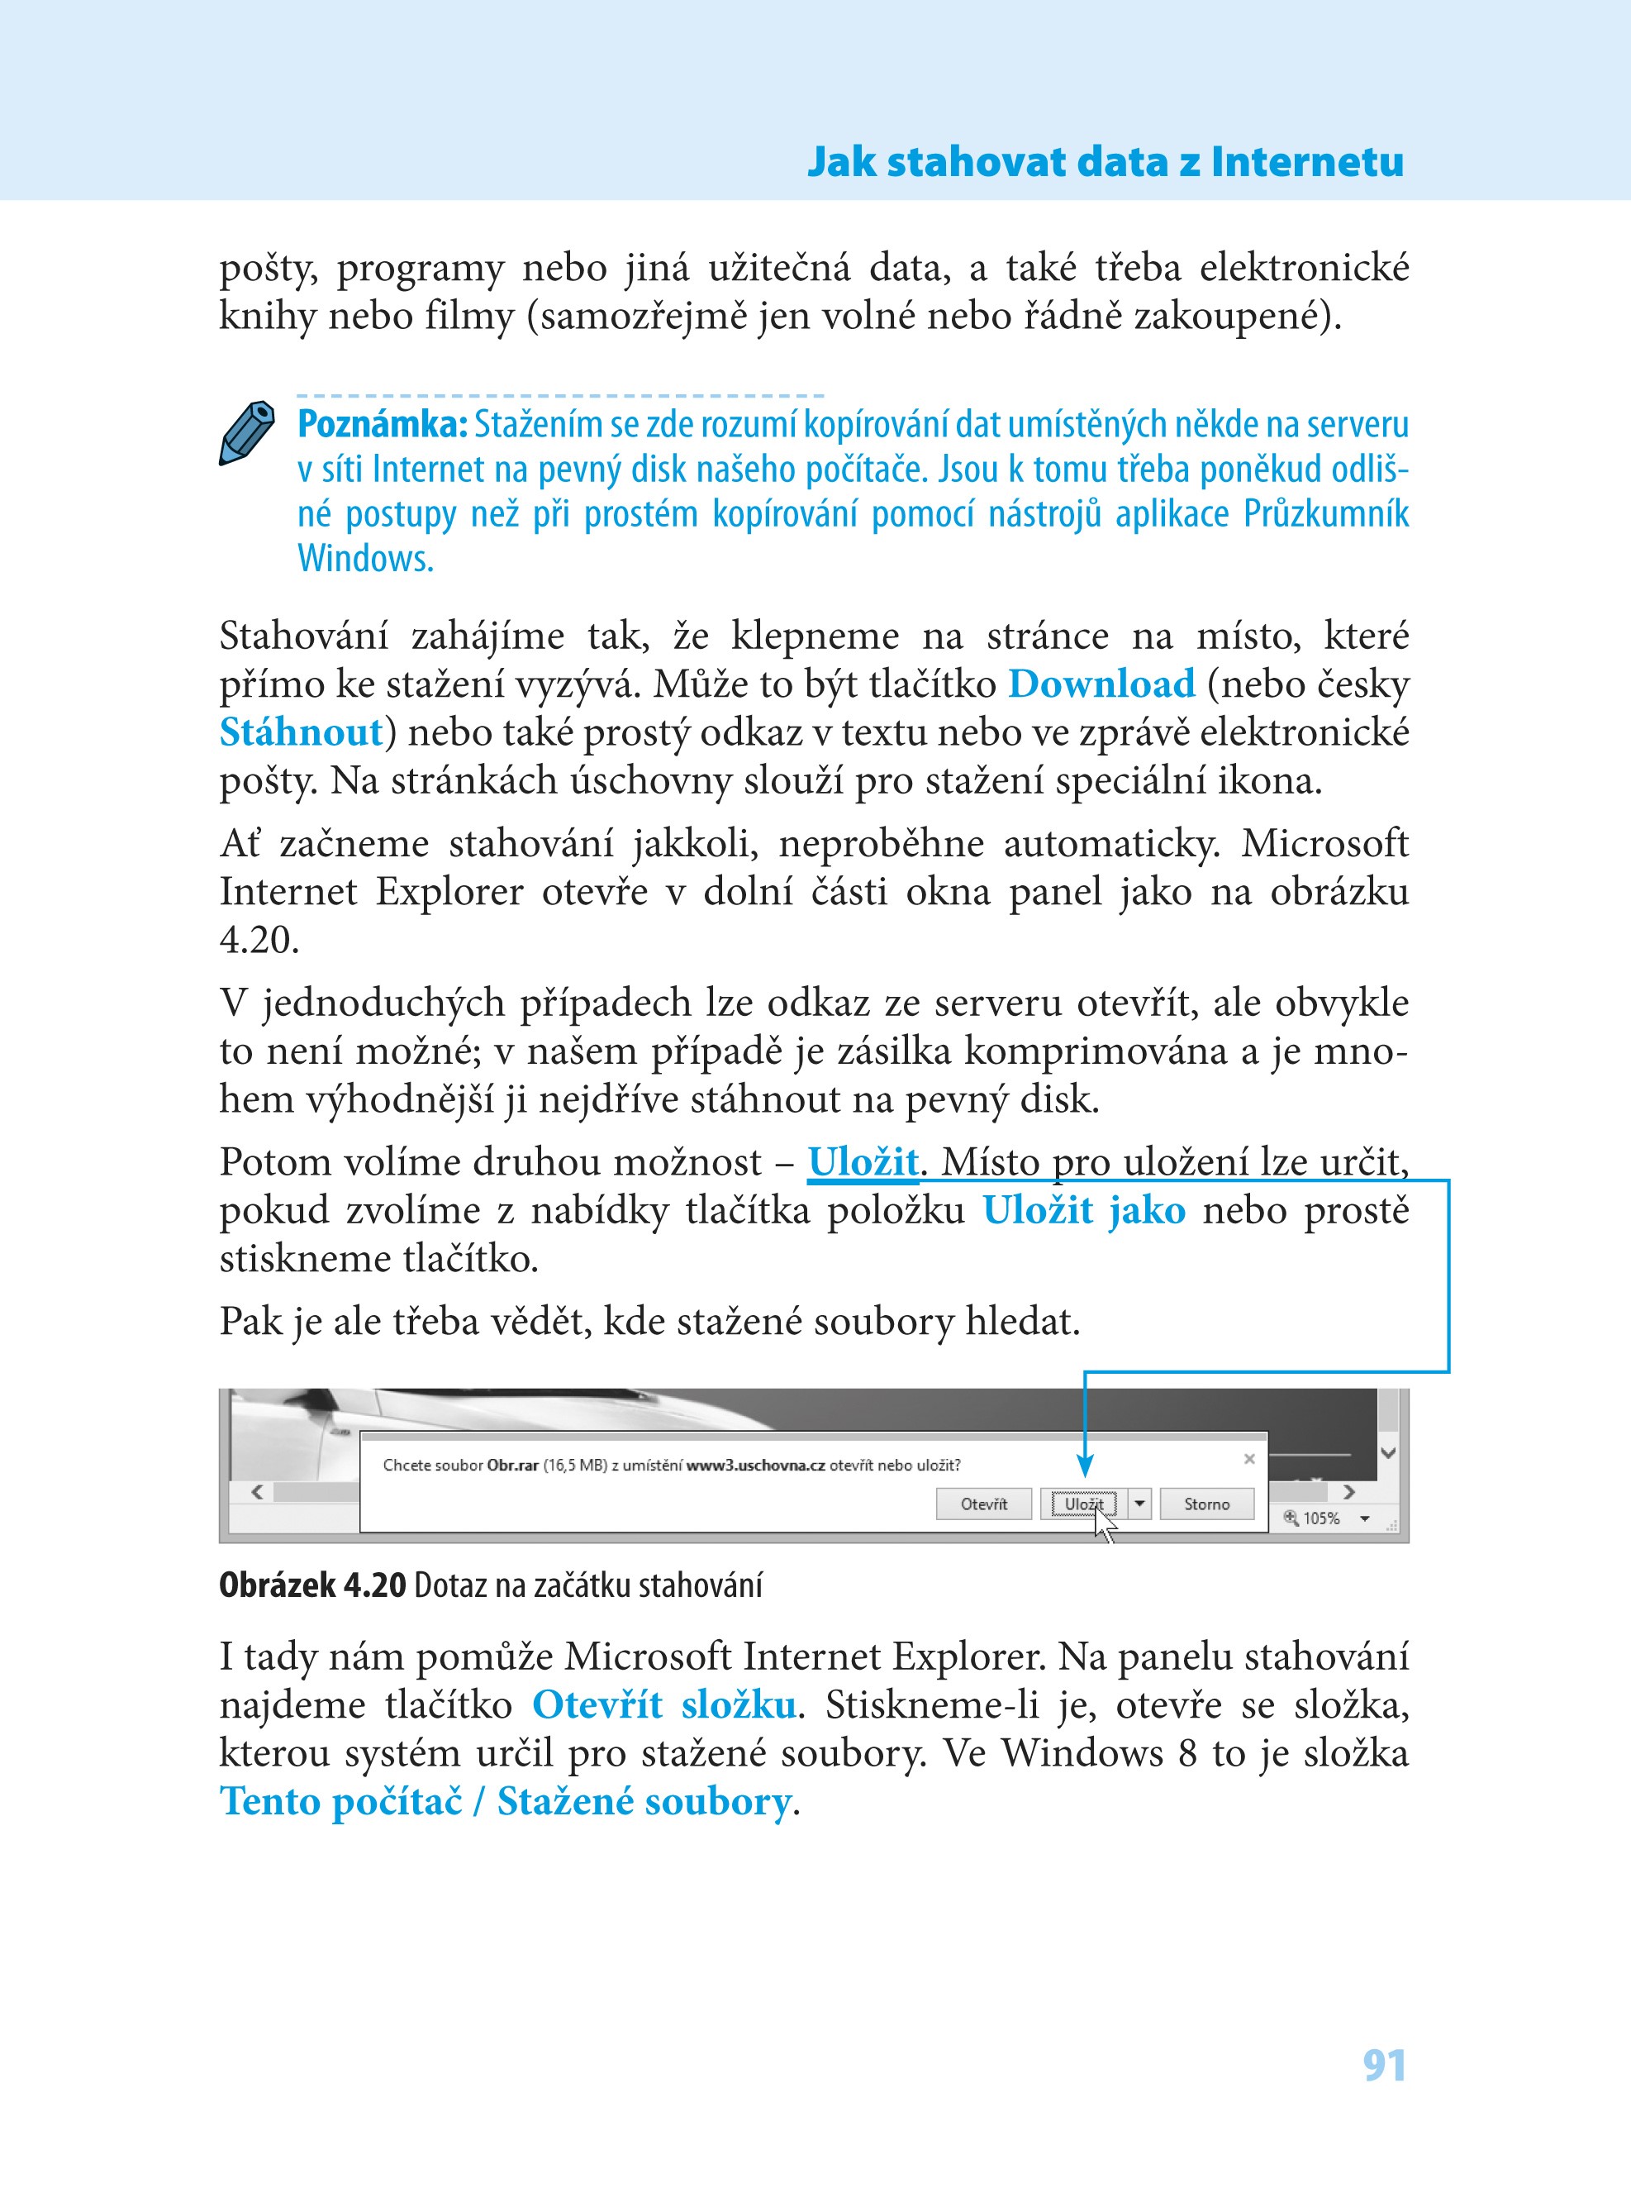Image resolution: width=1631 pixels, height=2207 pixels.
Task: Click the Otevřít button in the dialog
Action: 983,1504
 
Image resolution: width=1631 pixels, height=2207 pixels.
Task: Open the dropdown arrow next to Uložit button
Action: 1139,1504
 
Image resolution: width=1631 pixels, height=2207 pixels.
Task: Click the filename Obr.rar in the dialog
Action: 512,1466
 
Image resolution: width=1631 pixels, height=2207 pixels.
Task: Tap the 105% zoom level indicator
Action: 1321,1518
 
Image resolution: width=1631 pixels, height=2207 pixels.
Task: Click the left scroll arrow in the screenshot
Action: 258,1492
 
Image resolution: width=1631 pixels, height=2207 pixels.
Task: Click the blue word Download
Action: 1101,684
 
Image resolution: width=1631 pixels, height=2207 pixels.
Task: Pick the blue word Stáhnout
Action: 300,732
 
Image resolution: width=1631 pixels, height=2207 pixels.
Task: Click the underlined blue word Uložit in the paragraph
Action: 862,1162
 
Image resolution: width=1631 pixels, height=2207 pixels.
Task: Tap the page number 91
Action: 1384,2065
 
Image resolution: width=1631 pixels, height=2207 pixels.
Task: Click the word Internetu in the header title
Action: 1307,162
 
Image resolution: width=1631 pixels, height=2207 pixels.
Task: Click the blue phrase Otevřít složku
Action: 663,1705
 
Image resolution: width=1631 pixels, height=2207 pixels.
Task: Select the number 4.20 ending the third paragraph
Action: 258,940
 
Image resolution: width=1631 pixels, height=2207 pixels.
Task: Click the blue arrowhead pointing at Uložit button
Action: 1084,1465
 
